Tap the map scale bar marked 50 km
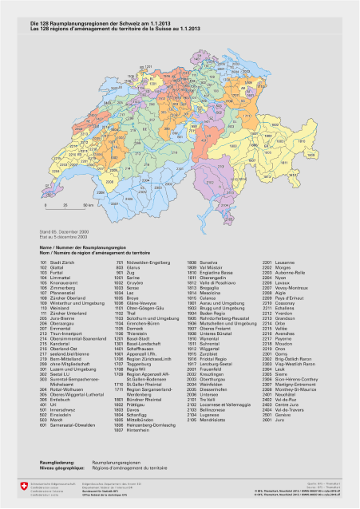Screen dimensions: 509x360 (58, 205)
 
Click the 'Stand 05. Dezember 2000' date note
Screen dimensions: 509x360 (49, 231)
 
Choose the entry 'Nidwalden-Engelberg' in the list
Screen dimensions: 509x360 (139, 261)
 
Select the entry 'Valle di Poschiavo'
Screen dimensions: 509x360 (206, 283)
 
